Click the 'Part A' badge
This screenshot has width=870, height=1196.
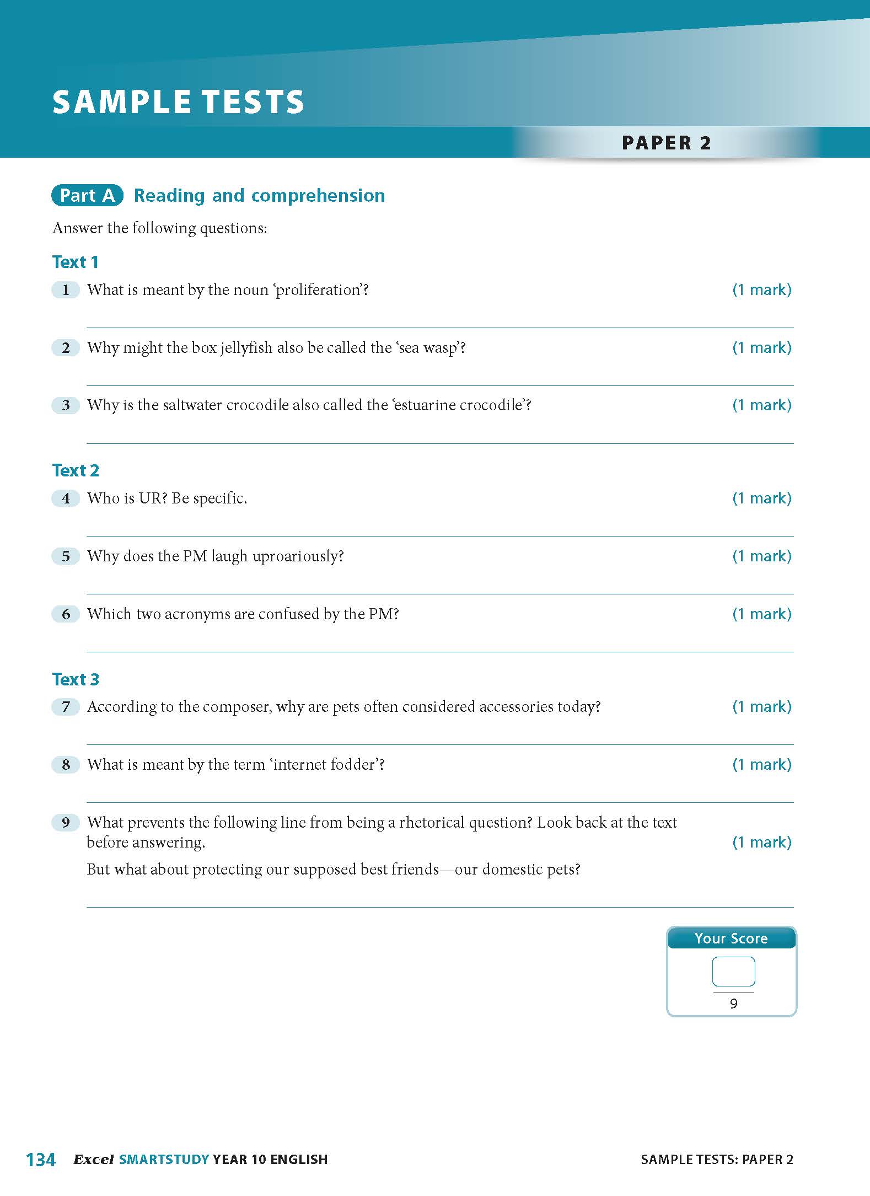[87, 195]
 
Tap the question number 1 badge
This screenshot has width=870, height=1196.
[66, 290]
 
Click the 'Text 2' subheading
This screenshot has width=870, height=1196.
[76, 470]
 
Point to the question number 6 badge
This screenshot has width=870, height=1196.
[66, 614]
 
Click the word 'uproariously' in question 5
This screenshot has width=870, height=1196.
[298, 556]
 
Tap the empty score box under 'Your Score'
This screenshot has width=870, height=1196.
[733, 971]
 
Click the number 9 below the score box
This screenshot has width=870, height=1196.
[733, 1004]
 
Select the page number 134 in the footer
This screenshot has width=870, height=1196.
[41, 1160]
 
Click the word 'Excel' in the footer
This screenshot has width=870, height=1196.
[94, 1160]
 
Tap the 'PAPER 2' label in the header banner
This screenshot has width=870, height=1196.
[666, 143]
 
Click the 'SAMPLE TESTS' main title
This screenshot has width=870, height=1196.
[178, 102]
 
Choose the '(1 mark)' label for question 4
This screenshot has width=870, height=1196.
[761, 498]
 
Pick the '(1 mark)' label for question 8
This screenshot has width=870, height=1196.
[761, 765]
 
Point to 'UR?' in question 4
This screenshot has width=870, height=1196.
[153, 498]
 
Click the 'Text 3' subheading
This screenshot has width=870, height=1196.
[76, 679]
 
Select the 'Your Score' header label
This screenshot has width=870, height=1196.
[731, 938]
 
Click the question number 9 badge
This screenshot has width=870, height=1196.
[66, 823]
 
